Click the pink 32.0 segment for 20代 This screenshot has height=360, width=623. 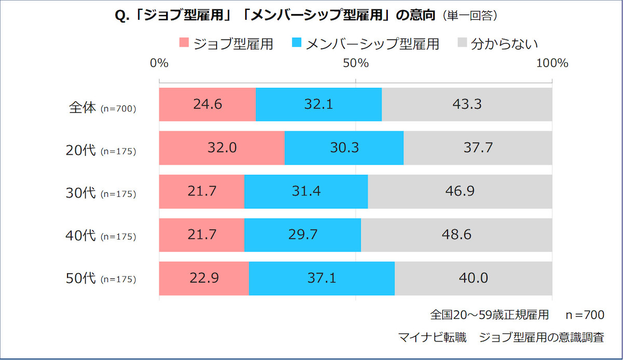[222, 148]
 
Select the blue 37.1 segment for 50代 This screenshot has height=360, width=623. [322, 278]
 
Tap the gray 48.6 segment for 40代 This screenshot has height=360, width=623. [456, 235]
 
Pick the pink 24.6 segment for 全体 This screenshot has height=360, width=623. [207, 104]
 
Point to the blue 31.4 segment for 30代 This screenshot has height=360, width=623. [306, 191]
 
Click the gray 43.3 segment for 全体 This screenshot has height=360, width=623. [467, 104]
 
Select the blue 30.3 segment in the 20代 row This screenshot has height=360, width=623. [344, 148]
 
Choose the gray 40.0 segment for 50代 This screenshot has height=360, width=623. [473, 278]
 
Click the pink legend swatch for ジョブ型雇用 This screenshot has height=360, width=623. [184, 44]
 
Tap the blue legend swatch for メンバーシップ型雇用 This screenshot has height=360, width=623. [297, 44]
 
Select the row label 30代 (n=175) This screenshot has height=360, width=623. [102, 193]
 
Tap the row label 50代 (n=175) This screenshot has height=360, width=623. [102, 279]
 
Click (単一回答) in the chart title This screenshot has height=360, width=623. [470, 16]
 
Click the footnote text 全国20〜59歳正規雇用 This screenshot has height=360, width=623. [489, 315]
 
